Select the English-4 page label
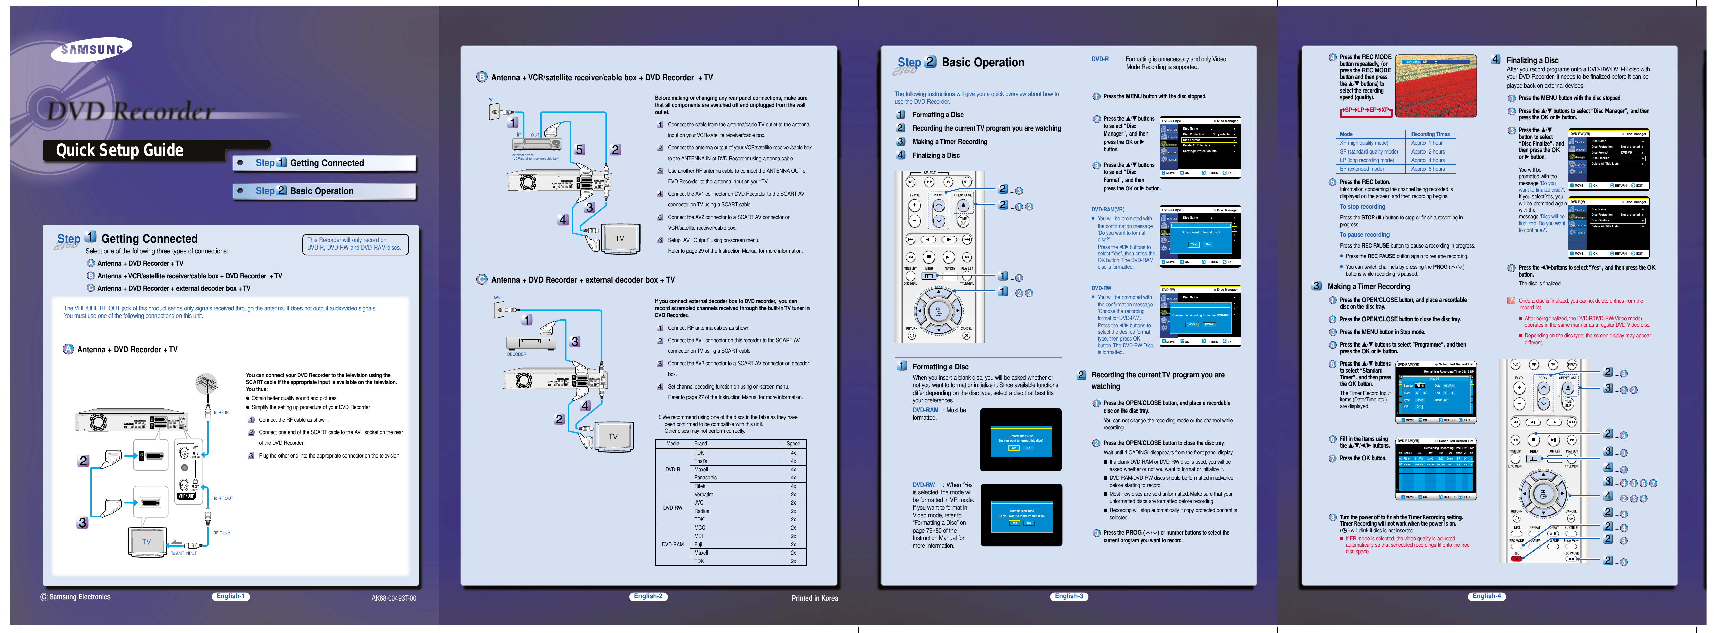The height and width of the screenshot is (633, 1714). point(1487,596)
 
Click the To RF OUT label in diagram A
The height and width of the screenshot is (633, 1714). point(223,498)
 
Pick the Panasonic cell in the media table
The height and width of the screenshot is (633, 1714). point(705,478)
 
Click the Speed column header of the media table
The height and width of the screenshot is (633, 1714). point(793,443)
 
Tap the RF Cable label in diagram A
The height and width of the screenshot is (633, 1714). point(222,533)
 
